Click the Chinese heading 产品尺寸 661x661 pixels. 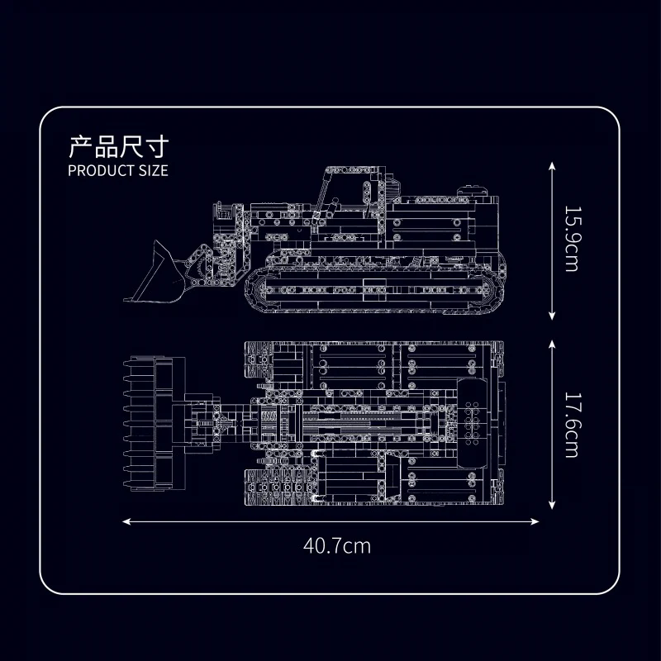pyautogui.click(x=118, y=147)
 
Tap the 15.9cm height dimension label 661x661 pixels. pyautogui.click(x=572, y=239)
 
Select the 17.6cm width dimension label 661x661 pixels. pyautogui.click(x=572, y=425)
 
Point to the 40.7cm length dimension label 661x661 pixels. pyautogui.click(x=337, y=546)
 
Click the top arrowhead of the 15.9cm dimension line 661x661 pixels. pyautogui.click(x=552, y=166)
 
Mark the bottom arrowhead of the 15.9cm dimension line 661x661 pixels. pyautogui.click(x=552, y=316)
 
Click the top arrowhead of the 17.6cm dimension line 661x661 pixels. pyautogui.click(x=552, y=345)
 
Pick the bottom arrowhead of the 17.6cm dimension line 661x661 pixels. pyautogui.click(x=552, y=505)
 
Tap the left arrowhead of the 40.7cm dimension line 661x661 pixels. pyautogui.click(x=126, y=522)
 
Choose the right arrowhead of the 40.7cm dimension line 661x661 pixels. pyautogui.click(x=535, y=522)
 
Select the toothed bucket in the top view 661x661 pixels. pyautogui.click(x=154, y=424)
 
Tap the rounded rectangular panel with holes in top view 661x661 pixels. pyautogui.click(x=472, y=423)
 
